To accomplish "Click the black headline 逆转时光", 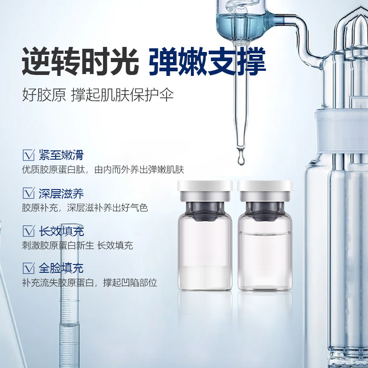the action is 80,62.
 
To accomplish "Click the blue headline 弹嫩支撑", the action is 207,62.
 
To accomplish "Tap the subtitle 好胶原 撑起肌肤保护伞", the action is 98,95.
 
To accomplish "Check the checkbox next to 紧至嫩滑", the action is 29,155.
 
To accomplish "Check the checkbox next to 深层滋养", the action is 29,193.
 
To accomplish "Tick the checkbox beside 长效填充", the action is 29,231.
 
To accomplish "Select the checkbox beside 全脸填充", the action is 29,268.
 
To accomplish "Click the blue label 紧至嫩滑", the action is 61,155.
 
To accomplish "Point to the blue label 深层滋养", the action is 61,193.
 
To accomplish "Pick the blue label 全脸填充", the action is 61,268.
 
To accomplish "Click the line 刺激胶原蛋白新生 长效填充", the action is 77,246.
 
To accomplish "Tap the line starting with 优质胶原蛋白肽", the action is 103,170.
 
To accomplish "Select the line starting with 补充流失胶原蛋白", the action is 89,283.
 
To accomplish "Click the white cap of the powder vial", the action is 205,186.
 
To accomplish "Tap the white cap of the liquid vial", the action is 265,186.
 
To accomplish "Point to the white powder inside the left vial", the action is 205,277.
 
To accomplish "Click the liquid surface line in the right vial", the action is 265,233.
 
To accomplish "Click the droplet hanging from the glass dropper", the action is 241,157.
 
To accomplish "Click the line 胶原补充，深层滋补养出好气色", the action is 85,208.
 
